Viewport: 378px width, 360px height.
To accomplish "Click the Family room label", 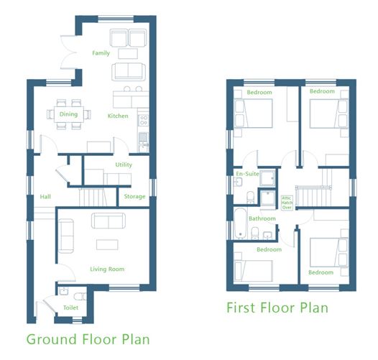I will pos(101,53).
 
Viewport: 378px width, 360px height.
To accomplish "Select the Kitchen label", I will pos(118,116).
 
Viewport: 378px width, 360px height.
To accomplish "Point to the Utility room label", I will pos(124,165).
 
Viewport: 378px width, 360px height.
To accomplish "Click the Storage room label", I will pos(134,196).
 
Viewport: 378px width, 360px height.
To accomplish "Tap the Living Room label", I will pos(107,269).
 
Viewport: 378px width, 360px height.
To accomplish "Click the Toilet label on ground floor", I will pos(71,307).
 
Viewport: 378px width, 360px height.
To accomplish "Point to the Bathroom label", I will pos(262,218).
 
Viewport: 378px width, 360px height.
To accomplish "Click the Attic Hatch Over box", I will pos(287,200).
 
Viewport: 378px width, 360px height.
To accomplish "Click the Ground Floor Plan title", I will pos(88,338).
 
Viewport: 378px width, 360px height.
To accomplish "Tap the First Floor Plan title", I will pos(277,308).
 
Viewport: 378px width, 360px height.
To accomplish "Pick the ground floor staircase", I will pos(91,195).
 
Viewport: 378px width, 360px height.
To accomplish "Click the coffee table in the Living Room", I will pos(107,243).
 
